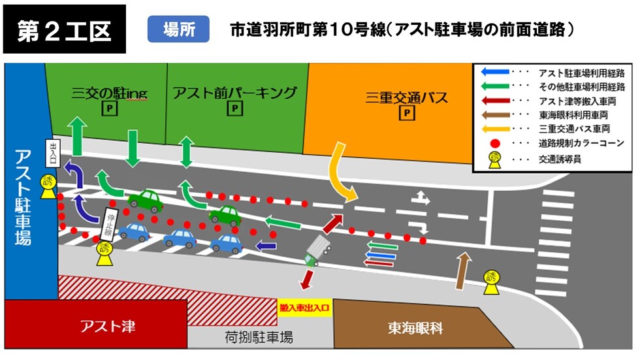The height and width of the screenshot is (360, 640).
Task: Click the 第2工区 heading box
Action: (64, 30)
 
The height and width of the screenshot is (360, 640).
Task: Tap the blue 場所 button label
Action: (178, 29)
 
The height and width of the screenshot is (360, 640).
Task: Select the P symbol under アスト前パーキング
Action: (234, 109)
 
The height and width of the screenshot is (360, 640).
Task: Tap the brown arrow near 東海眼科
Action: (463, 270)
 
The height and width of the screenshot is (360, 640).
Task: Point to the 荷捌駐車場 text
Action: (255, 337)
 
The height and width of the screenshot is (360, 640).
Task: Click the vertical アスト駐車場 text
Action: (22, 197)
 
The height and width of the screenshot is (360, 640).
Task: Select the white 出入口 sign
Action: (54, 154)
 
